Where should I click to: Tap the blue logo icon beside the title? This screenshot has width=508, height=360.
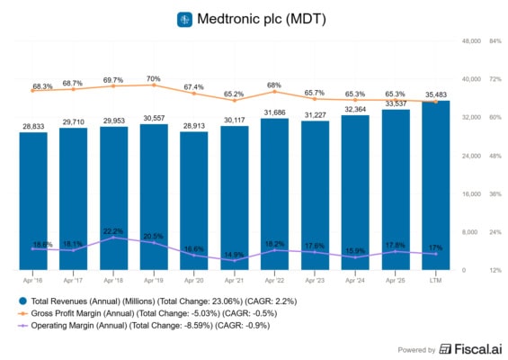coord(185,19)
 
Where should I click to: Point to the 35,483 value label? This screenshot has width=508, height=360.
coord(436,94)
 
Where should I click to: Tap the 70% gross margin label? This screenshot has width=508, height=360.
coord(154,78)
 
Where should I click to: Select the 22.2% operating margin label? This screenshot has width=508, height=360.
coord(113,231)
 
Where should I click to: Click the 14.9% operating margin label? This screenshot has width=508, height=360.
coord(235,255)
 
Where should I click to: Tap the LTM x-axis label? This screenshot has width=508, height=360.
coord(436,281)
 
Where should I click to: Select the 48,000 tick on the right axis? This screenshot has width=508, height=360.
coord(470,41)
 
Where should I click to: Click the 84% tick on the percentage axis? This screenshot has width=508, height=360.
coord(495,41)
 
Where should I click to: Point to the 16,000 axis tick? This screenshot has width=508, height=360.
coord(470,193)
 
